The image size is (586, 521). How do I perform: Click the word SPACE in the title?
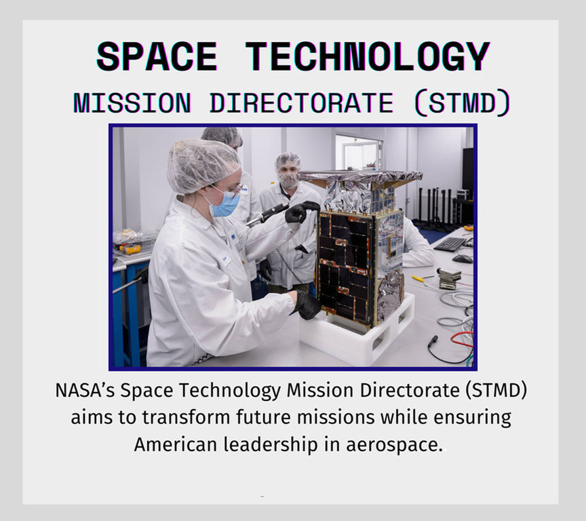click(x=157, y=56)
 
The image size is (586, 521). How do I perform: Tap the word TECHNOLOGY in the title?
click(x=368, y=56)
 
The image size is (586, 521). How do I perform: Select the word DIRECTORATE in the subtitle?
click(x=301, y=103)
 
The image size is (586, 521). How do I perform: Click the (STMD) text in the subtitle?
click(x=463, y=103)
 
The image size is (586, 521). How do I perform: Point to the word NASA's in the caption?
click(x=85, y=390)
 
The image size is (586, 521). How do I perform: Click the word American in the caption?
click(x=175, y=444)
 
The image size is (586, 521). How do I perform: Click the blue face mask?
click(x=225, y=204)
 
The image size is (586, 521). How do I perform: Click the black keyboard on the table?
click(x=450, y=244)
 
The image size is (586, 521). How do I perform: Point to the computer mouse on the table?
click(x=463, y=258)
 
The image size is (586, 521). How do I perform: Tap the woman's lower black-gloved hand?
click(x=307, y=304)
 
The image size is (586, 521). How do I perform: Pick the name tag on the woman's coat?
click(x=225, y=258)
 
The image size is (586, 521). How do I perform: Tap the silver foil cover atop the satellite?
click(x=361, y=176)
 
